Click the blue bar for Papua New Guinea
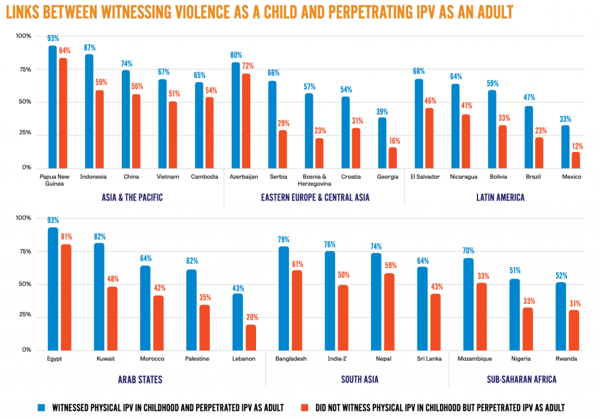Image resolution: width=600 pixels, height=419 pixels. coord(52,107)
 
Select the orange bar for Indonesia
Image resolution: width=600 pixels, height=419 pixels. coord(100,129)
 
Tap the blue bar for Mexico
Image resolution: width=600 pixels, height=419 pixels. coord(565,147)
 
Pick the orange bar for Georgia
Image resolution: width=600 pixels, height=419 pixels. coord(393,158)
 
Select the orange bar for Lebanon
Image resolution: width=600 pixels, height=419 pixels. coord(250,337)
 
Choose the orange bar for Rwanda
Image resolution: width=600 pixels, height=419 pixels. coord(575,330)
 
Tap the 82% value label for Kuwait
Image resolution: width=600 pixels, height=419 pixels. coord(99,237)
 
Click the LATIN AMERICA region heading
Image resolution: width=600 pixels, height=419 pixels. coord(499,198)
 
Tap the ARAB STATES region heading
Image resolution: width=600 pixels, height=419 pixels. coord(139,380)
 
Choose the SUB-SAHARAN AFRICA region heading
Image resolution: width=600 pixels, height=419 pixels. coord(521,380)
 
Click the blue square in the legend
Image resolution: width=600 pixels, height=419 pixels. coord(42,407)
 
